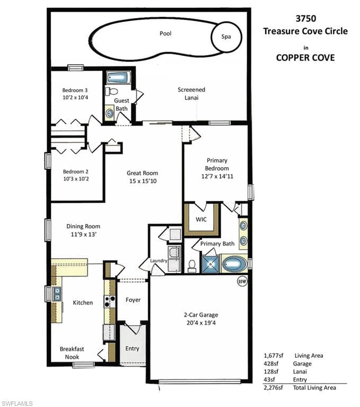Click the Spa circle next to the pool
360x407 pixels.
click(227, 37)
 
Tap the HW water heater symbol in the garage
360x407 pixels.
click(242, 281)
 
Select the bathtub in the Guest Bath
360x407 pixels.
click(118, 78)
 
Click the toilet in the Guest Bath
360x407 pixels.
click(112, 91)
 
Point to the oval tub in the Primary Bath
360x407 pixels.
click(235, 264)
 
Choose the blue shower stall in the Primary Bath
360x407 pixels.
click(211, 264)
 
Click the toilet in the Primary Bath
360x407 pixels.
click(192, 266)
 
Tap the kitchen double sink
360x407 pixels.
click(57, 294)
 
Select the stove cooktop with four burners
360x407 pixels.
click(110, 302)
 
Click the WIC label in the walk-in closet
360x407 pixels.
click(201, 219)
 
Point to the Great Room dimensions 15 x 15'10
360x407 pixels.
click(143, 181)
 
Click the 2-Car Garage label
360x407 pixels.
click(201, 315)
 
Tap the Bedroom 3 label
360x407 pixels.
click(75, 90)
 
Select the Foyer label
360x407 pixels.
click(133, 300)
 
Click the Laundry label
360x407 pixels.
click(158, 261)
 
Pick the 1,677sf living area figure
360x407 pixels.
click(273, 356)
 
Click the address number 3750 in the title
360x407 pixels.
click(306, 19)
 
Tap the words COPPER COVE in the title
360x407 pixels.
click(305, 58)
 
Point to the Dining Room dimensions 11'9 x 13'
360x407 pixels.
click(84, 234)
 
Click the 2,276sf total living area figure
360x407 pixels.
click(273, 388)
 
